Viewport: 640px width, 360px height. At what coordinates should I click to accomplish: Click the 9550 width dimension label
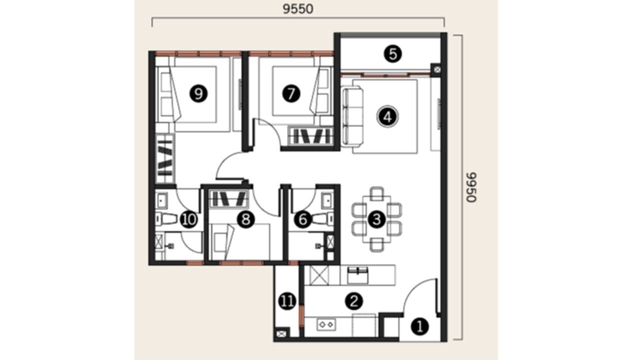click(x=297, y=9)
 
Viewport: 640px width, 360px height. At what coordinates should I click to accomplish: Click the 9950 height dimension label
click(x=471, y=187)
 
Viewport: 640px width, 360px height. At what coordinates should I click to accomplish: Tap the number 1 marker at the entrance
click(x=419, y=326)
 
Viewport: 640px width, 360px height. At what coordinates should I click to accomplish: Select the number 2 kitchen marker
click(x=354, y=301)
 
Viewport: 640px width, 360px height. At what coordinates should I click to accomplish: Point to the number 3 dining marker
click(x=376, y=219)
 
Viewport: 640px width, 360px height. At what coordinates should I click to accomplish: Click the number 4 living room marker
click(x=387, y=116)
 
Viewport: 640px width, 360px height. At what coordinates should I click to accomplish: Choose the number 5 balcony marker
click(x=392, y=54)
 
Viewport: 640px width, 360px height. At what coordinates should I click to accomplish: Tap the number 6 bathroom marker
click(x=303, y=219)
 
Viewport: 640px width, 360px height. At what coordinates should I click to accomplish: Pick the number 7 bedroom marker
click(x=291, y=93)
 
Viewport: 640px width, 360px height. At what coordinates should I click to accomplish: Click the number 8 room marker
click(x=245, y=219)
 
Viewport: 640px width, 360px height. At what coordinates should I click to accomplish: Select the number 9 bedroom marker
click(x=198, y=93)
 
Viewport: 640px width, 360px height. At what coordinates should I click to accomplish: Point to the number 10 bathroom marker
click(x=189, y=219)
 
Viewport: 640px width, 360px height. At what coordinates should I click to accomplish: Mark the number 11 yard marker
click(x=287, y=301)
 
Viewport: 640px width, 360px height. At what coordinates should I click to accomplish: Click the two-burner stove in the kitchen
click(x=326, y=325)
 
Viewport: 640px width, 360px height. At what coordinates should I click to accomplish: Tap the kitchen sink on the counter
click(x=357, y=275)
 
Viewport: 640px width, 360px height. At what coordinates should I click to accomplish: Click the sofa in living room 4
click(x=352, y=117)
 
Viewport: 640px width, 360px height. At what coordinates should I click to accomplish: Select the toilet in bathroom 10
click(x=167, y=219)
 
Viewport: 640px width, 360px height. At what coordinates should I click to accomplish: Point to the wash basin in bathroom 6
click(x=327, y=200)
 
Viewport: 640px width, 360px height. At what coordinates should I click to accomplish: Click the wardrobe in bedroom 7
click(x=311, y=136)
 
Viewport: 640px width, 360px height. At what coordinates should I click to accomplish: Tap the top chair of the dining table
click(x=376, y=193)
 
